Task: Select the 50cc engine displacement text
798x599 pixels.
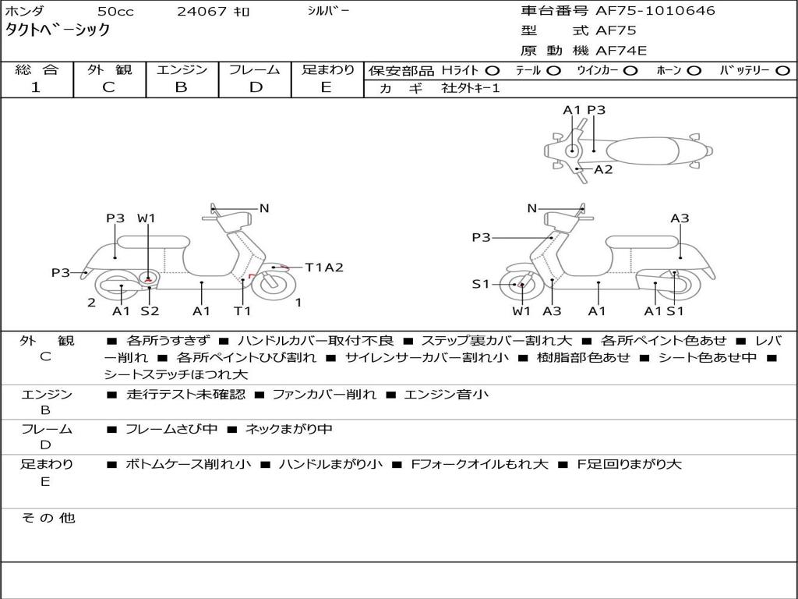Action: (x=115, y=12)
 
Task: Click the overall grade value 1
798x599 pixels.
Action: (x=35, y=87)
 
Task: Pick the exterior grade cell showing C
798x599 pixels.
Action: (x=108, y=87)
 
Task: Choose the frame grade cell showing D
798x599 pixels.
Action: (x=256, y=87)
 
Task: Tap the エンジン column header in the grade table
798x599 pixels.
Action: (x=182, y=69)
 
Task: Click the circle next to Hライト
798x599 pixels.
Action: (x=493, y=70)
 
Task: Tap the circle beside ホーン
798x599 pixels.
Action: (x=694, y=70)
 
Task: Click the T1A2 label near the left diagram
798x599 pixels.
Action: (x=323, y=268)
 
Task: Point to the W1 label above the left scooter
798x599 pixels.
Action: (x=147, y=218)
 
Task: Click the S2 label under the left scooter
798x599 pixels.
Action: (x=150, y=311)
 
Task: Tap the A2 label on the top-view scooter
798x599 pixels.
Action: (x=603, y=169)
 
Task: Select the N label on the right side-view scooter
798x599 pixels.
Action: (x=532, y=208)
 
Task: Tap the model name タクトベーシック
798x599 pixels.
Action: (x=58, y=30)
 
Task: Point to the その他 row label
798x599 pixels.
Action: (x=48, y=518)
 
